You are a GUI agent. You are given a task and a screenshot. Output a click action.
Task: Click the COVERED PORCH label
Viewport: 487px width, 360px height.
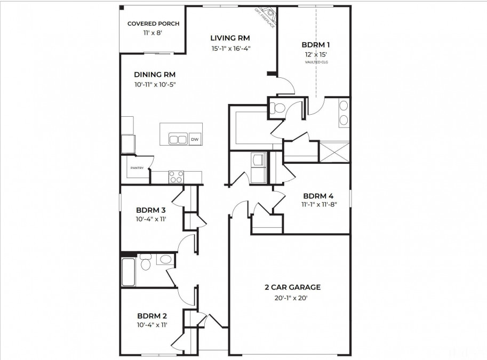click(x=153, y=24)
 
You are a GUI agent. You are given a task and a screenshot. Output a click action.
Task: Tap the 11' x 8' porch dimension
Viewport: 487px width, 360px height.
click(x=153, y=33)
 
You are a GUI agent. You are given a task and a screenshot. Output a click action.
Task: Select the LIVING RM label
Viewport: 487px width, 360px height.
click(x=230, y=38)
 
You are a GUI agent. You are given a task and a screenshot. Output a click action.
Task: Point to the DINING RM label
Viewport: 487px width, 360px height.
click(x=155, y=75)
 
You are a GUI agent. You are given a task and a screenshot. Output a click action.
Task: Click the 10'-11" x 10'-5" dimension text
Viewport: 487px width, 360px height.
click(x=155, y=84)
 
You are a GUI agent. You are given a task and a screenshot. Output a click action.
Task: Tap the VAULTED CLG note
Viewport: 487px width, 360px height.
click(x=316, y=62)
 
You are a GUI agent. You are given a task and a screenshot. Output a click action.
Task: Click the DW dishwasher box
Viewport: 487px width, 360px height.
click(x=195, y=139)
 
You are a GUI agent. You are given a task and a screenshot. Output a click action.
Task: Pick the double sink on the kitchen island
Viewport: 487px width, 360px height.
click(x=178, y=139)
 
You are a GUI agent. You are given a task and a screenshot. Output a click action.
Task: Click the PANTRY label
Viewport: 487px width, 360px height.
click(x=136, y=168)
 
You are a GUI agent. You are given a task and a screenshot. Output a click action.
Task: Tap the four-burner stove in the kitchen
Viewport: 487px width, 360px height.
click(x=176, y=177)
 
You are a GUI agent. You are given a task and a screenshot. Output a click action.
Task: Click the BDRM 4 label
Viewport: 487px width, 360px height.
click(x=319, y=195)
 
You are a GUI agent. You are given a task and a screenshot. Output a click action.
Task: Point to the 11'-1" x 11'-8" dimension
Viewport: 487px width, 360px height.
click(x=319, y=204)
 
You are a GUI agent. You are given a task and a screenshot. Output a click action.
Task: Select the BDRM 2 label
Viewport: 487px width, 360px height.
click(x=153, y=315)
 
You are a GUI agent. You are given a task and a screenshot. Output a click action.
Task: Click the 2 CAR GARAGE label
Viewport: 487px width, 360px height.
click(x=292, y=287)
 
